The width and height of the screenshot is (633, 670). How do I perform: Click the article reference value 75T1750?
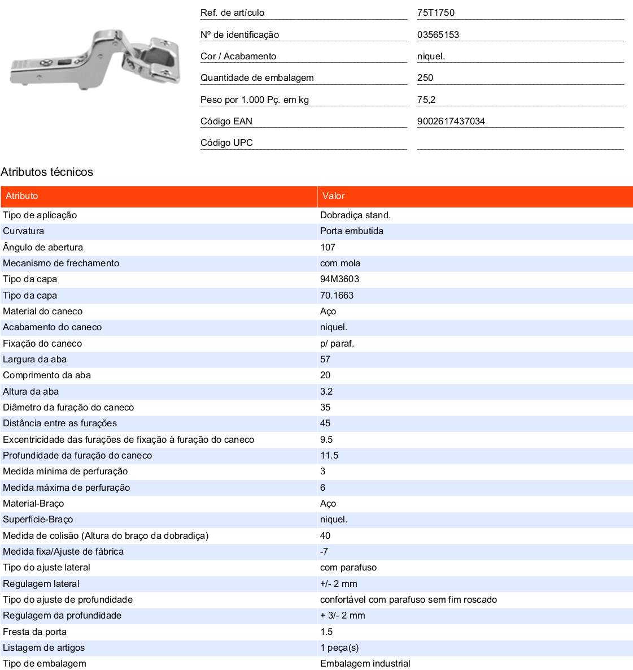[435, 12]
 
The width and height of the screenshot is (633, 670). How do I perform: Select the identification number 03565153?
[438, 34]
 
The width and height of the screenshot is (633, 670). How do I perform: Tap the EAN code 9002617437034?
[451, 121]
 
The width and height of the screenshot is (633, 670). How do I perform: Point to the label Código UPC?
[226, 142]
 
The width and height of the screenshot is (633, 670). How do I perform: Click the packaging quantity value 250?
[425, 77]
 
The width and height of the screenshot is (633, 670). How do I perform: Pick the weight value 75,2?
[426, 100]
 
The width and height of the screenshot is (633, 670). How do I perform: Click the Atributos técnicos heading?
[47, 172]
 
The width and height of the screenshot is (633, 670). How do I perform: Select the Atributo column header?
[22, 196]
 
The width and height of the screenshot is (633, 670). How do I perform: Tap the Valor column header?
[333, 196]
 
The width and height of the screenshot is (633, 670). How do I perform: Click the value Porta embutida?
[351, 231]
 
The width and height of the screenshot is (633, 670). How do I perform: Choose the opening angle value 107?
[328, 247]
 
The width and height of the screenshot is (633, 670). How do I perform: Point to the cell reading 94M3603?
[339, 279]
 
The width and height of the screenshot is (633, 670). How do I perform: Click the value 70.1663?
[337, 295]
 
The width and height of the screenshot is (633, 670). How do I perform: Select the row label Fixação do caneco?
[42, 343]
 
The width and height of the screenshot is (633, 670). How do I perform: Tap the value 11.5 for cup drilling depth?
[329, 455]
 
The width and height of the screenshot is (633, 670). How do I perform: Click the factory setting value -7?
[324, 551]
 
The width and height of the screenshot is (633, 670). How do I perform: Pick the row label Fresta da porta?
[34, 632]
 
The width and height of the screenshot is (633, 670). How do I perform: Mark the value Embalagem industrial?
[365, 663]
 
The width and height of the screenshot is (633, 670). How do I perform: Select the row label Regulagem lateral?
[41, 583]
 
